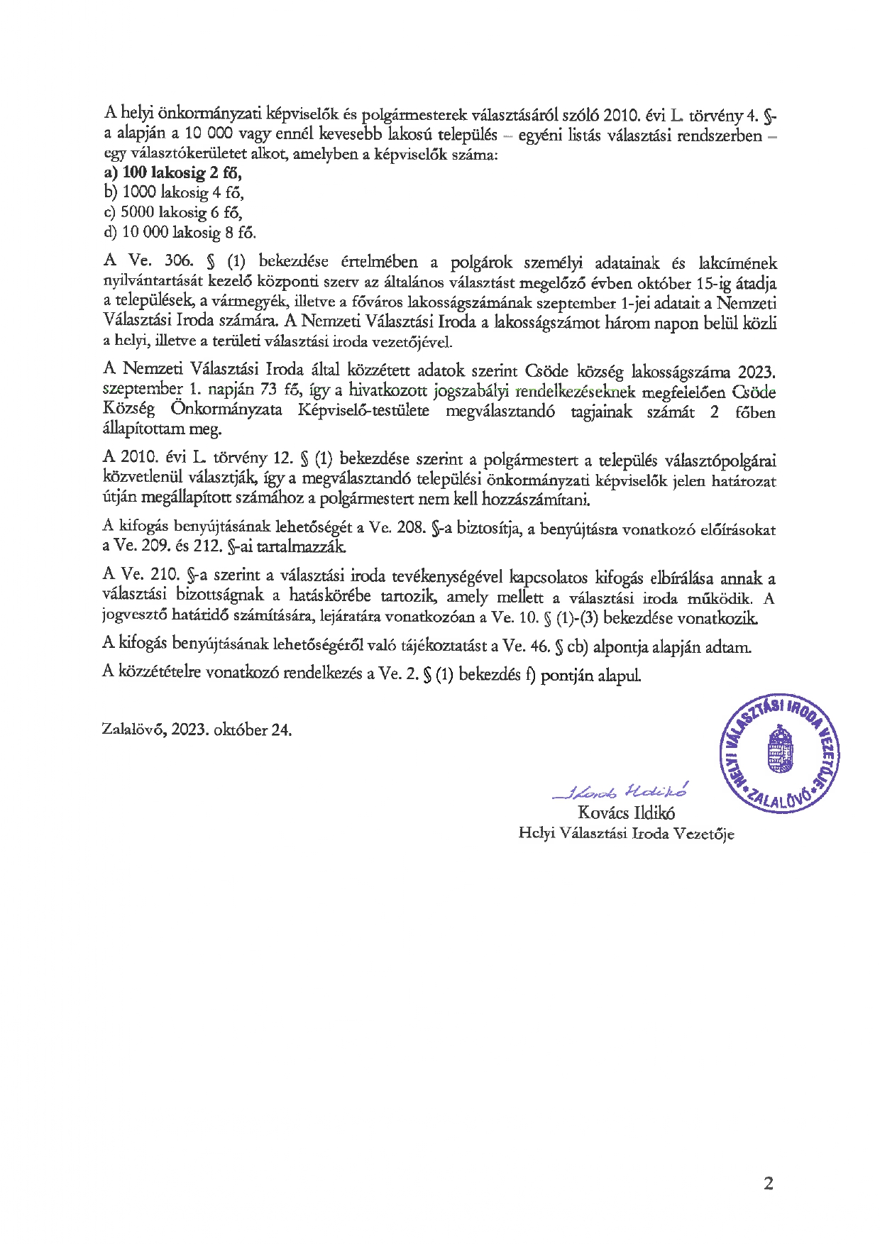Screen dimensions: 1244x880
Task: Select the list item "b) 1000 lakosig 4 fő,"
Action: tap(174, 193)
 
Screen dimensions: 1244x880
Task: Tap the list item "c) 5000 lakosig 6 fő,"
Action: tap(173, 212)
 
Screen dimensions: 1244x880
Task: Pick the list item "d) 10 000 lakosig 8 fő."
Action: tap(180, 232)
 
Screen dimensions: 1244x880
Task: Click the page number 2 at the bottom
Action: tap(768, 1183)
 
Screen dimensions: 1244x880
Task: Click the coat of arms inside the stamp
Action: tap(780, 748)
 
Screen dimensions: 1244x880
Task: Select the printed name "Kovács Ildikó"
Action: tap(626, 813)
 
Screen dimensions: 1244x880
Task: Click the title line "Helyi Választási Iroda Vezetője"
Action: tap(626, 834)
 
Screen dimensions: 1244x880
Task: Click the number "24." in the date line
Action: tap(281, 730)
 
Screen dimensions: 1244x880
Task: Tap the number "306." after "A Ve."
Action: tap(177, 260)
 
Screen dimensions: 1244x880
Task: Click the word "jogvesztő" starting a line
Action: tap(132, 616)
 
